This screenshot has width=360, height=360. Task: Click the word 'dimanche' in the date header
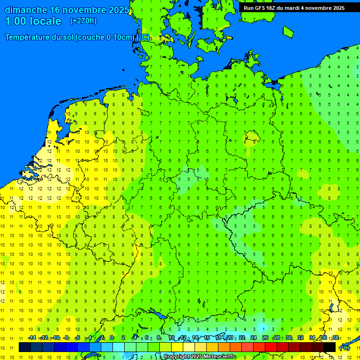(26, 10)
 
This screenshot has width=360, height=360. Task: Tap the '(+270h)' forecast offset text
(83, 21)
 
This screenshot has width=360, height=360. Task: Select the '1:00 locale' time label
(33, 21)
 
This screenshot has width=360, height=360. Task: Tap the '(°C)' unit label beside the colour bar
(345, 347)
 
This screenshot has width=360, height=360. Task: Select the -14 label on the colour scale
(32, 338)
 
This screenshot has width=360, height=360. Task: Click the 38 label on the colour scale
(336, 338)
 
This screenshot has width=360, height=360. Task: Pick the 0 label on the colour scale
(112, 338)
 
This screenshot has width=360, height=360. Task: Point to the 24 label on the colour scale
(254, 338)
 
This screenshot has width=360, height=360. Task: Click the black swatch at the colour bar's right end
(330, 347)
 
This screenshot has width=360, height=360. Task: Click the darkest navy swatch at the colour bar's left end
(25, 347)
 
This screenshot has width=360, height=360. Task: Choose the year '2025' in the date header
(119, 10)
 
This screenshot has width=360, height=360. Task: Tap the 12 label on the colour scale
(183, 338)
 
